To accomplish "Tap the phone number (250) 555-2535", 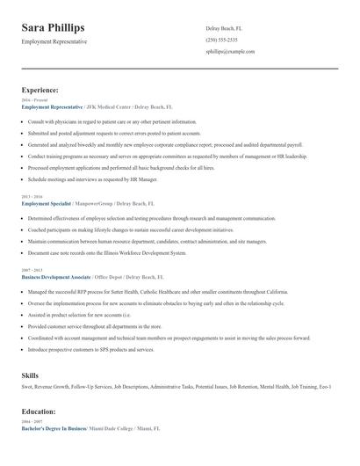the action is [221, 40].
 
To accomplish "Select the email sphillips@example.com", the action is [230, 52].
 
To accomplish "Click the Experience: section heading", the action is [40, 90].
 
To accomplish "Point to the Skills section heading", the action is [30, 375].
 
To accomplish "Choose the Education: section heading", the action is [39, 411].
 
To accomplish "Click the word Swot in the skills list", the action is [27, 387].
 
